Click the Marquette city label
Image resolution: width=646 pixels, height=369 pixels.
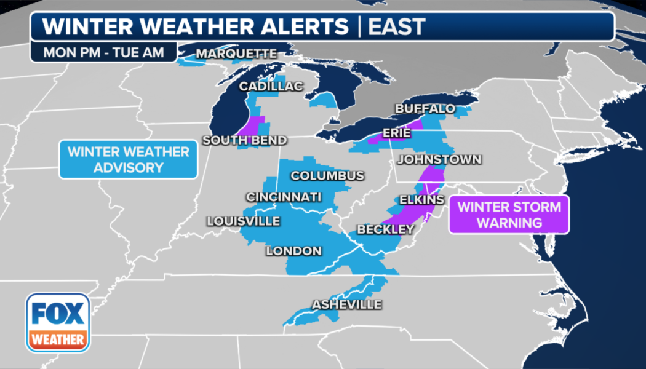pyautogui.click(x=236, y=54)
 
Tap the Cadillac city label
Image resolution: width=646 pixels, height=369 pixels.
pyautogui.click(x=271, y=87)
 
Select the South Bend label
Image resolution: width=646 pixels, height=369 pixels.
pyautogui.click(x=245, y=140)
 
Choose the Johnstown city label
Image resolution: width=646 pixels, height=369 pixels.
pyautogui.click(x=439, y=160)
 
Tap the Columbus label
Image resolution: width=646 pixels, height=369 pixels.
pyautogui.click(x=327, y=176)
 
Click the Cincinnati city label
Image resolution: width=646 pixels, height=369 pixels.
pyautogui.click(x=284, y=197)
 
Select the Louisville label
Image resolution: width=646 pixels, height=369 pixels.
pyautogui.click(x=243, y=221)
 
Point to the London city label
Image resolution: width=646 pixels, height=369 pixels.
pyautogui.click(x=293, y=251)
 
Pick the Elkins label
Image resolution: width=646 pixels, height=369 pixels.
pyautogui.click(x=421, y=200)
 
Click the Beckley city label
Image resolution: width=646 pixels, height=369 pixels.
pyautogui.click(x=386, y=229)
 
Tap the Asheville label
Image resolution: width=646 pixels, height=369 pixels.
pyautogui.click(x=346, y=304)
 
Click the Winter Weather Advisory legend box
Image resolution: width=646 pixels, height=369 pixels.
pyautogui.click(x=128, y=159)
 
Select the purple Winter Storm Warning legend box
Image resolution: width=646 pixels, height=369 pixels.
pyautogui.click(x=509, y=215)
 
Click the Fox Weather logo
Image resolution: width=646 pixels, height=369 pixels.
pyautogui.click(x=58, y=322)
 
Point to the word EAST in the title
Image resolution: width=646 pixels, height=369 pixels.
pyautogui.click(x=397, y=26)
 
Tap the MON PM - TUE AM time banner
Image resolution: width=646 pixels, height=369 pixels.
pyautogui.click(x=103, y=52)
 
